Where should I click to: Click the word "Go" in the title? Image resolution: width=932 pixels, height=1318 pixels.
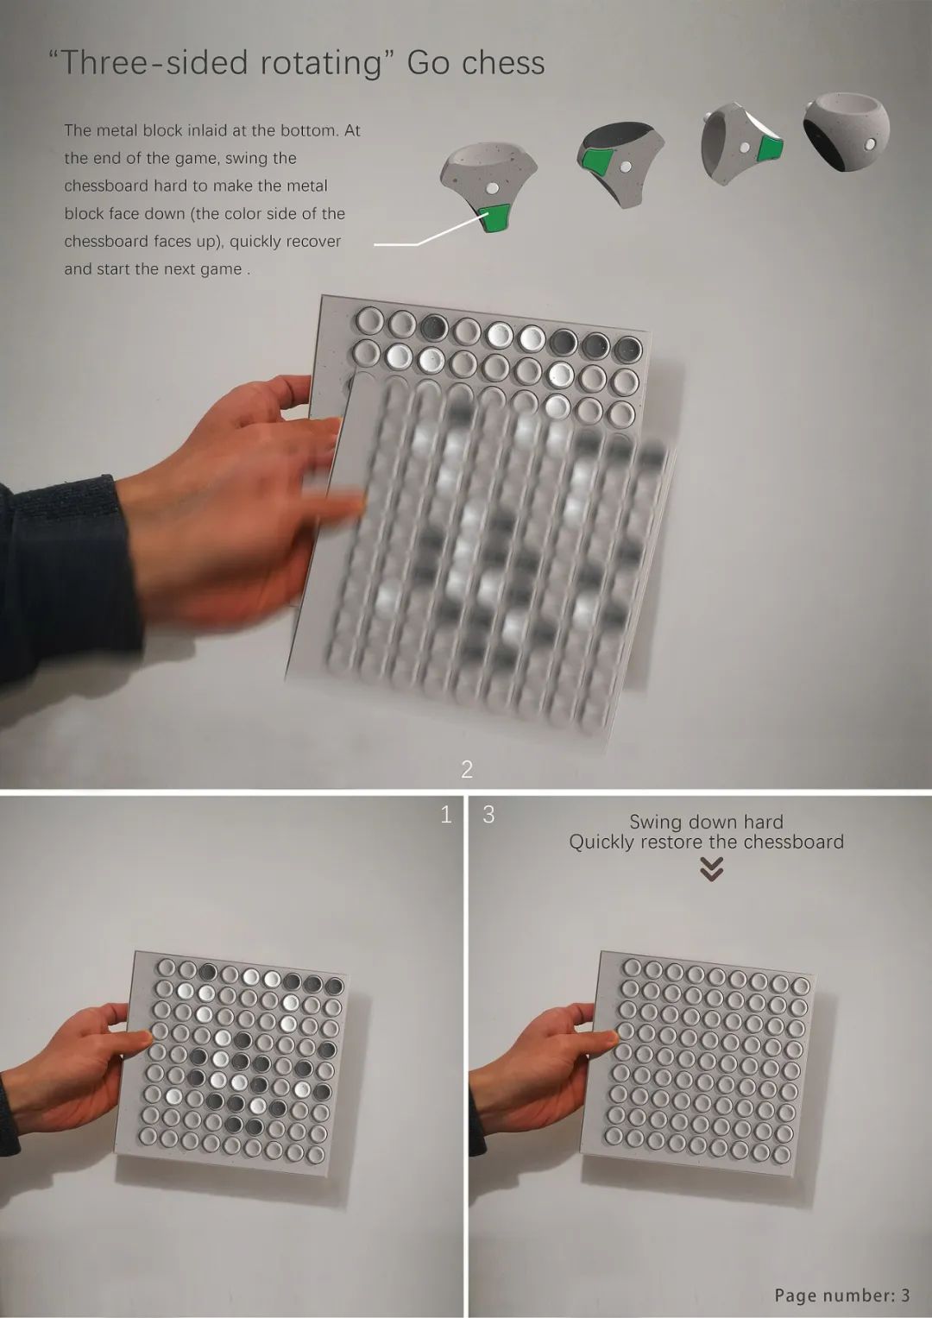[x=429, y=63]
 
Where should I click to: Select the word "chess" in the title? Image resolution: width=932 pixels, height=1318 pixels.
[x=502, y=63]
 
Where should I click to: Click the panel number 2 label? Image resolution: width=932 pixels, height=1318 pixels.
[x=467, y=769]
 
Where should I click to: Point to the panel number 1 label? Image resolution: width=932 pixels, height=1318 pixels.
[x=446, y=814]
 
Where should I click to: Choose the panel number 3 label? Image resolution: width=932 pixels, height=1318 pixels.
[x=488, y=814]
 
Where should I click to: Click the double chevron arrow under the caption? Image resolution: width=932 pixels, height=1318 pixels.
[x=711, y=869]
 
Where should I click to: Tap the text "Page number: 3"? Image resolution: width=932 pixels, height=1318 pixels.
[x=841, y=1295]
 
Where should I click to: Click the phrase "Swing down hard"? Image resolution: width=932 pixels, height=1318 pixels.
[x=706, y=822]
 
